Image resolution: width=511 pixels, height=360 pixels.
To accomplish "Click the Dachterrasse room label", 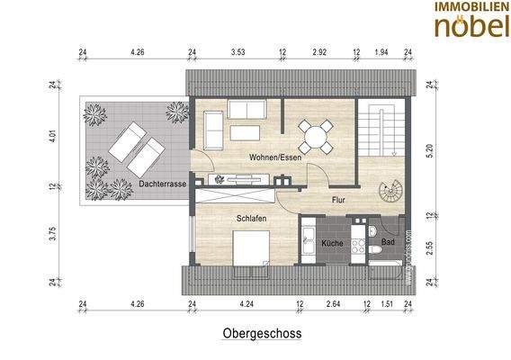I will (x=164, y=184).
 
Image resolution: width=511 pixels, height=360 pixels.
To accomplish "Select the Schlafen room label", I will (x=251, y=218).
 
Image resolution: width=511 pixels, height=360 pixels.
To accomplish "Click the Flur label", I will (x=338, y=200).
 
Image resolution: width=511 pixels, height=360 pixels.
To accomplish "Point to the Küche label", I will (x=332, y=243).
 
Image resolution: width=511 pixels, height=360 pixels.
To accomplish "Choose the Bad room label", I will (x=387, y=243).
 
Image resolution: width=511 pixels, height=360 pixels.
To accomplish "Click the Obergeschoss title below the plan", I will (x=262, y=333).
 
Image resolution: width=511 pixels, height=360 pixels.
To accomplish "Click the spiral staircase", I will (x=392, y=192).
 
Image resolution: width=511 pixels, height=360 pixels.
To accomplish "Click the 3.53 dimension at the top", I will (x=238, y=53).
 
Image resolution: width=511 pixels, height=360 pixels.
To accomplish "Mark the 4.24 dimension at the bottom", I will (x=247, y=304).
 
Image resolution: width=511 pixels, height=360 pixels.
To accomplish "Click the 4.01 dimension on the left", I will (x=53, y=138).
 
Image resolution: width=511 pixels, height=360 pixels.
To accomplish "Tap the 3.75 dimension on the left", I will (x=53, y=232).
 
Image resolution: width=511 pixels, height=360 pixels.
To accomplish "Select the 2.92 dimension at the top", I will (x=319, y=53).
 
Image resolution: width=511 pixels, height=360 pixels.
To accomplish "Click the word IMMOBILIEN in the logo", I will (x=470, y=7).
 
